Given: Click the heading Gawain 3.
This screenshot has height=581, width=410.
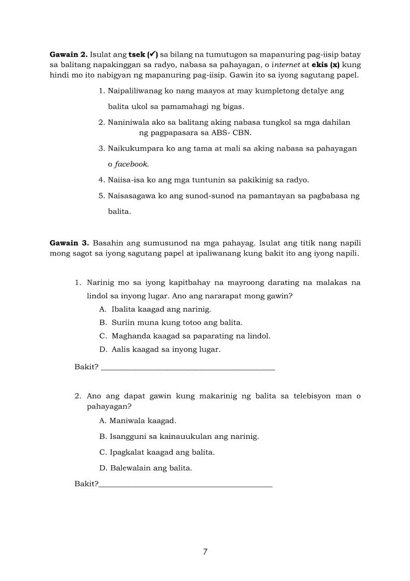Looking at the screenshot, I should (x=69, y=243).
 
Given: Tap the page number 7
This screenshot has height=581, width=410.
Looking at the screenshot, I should (x=205, y=552).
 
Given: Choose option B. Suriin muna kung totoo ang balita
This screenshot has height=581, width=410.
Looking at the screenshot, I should (x=171, y=323).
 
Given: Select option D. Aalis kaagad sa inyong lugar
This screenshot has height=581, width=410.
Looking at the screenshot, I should (x=160, y=349).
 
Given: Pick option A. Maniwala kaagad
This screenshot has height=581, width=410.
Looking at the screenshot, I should (x=138, y=421).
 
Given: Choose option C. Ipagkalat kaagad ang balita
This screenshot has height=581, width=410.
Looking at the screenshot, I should (x=157, y=452).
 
